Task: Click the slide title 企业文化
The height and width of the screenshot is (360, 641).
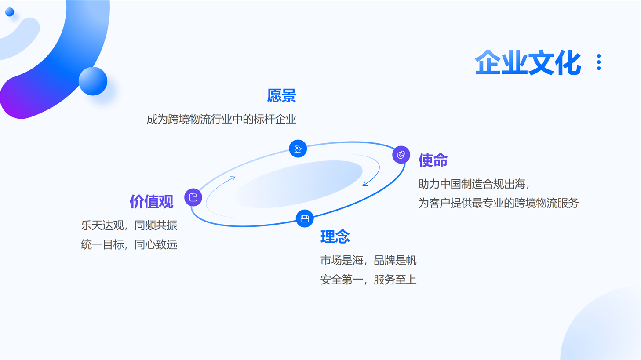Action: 528,63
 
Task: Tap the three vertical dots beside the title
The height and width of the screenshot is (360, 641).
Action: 599,62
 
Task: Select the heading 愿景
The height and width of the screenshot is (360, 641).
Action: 281,95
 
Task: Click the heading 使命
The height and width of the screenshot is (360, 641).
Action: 433,160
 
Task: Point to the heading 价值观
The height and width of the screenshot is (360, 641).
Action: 151,202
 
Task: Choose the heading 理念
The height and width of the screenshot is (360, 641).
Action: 335,236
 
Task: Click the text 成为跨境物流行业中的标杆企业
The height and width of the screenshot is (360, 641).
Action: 221,119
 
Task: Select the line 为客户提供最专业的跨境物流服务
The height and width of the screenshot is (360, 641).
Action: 499,203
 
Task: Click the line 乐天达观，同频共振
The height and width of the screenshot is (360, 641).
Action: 129,225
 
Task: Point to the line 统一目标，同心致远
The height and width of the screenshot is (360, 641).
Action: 129,245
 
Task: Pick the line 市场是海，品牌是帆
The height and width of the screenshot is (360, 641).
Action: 368,260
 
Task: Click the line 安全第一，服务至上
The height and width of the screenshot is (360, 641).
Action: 368,280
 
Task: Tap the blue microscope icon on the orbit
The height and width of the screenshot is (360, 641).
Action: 298,149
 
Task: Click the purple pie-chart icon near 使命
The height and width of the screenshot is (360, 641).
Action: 401,155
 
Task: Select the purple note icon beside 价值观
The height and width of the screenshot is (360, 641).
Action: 193,197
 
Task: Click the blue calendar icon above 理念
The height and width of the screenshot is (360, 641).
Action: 305,218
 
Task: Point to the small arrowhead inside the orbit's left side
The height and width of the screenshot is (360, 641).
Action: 233,178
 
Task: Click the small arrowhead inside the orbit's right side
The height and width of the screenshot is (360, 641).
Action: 365,184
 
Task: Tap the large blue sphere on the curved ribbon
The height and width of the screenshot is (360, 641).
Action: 93,81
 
